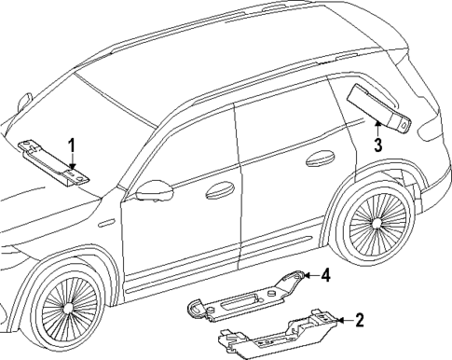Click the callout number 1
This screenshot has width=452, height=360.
pyautogui.click(x=71, y=144)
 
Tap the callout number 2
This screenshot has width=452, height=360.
pyautogui.click(x=359, y=321)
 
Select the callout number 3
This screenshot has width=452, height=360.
pyautogui.click(x=377, y=144)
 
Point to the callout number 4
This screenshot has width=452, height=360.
pyautogui.click(x=326, y=275)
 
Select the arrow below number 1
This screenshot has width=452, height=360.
pyautogui.click(x=71, y=162)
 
